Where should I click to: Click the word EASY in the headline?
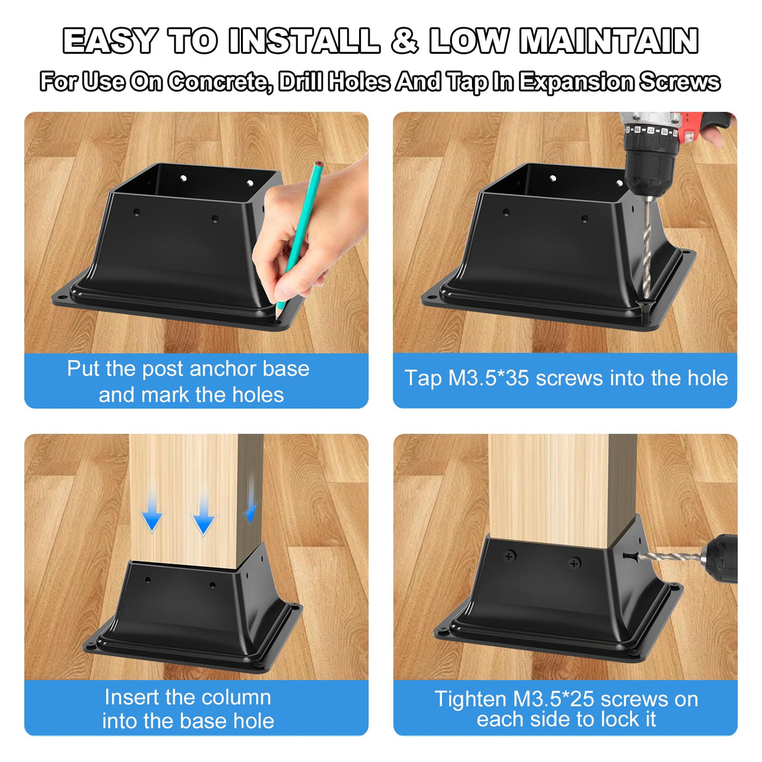click(110, 41)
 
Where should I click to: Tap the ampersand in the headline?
click(404, 41)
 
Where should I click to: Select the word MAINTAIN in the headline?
click(609, 41)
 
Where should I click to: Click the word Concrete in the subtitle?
click(220, 82)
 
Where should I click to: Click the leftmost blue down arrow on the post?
click(152, 520)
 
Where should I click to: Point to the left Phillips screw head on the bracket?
click(510, 555)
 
